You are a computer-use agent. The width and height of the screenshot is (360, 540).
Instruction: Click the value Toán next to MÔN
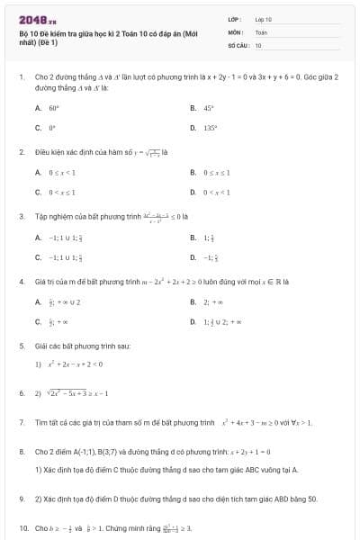(262, 31)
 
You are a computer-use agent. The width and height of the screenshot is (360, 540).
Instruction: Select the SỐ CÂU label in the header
(238, 44)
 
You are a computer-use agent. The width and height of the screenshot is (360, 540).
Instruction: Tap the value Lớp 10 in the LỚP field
(264, 19)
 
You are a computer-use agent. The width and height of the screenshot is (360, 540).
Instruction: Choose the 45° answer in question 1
(208, 107)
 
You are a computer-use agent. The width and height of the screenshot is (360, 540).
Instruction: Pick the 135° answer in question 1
(210, 128)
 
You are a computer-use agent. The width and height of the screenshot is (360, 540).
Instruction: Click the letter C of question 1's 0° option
(38, 128)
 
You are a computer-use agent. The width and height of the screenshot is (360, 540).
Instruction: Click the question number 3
(21, 216)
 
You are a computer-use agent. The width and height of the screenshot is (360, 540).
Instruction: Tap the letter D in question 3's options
(193, 257)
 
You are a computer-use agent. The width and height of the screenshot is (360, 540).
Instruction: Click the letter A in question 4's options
(38, 301)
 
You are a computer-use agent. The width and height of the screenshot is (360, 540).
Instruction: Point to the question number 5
(21, 346)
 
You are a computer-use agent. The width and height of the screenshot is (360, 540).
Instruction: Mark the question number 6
(21, 393)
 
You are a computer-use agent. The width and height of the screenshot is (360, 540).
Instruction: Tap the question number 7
(21, 421)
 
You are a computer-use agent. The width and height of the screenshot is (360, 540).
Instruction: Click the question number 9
(21, 498)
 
